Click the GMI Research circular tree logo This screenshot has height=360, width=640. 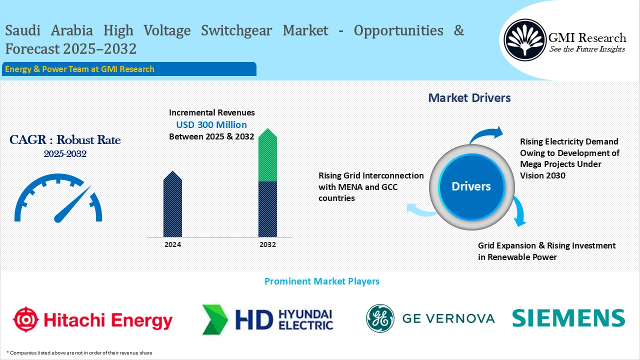click(x=524, y=39)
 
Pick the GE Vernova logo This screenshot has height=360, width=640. click(x=430, y=318)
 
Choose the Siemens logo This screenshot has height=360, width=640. click(x=568, y=318)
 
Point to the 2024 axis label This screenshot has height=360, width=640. click(x=172, y=245)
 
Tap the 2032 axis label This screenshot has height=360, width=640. click(x=267, y=245)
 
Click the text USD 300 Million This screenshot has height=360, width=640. click(x=211, y=124)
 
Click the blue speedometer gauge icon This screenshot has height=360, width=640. click(x=58, y=198)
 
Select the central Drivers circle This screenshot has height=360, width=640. click(x=471, y=186)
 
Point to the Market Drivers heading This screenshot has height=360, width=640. click(x=469, y=98)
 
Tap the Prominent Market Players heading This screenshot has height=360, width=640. click(x=321, y=281)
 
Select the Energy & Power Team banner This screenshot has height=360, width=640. click(x=129, y=69)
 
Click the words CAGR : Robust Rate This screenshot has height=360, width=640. click(x=65, y=140)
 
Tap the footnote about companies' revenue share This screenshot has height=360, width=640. click(x=79, y=353)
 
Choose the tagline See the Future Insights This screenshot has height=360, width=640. click(x=587, y=49)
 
